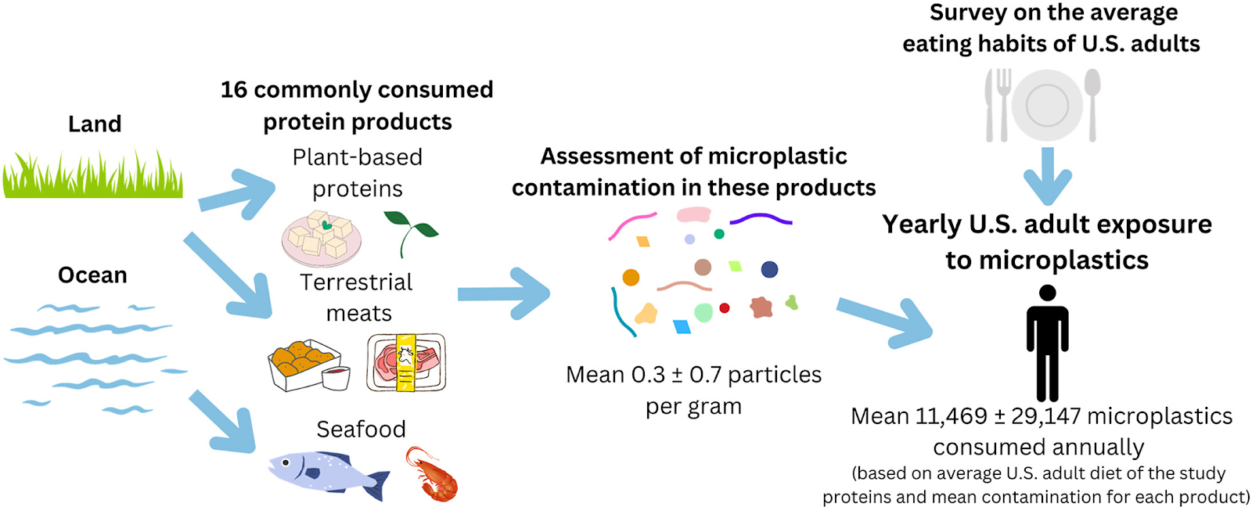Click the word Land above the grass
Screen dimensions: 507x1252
pos(95,124)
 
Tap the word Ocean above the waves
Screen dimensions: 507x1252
pos(92,275)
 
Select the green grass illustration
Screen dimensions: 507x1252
pos(92,176)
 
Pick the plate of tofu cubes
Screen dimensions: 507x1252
pos(322,238)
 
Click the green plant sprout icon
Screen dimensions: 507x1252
pos(410,232)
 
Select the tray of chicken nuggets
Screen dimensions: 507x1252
pos(307,365)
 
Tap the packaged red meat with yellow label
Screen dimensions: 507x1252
pos(406,361)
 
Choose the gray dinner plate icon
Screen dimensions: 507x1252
pos(1047,105)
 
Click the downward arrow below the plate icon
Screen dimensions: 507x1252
pos(1047,177)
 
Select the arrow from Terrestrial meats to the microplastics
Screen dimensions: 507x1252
pos(505,293)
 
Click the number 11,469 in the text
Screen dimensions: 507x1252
pos(951,416)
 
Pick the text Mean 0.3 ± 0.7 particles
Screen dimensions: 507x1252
pos(693,375)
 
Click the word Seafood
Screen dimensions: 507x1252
pos(361,430)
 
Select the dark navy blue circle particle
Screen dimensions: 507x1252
pos(769,269)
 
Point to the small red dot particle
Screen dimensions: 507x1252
pos(725,308)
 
